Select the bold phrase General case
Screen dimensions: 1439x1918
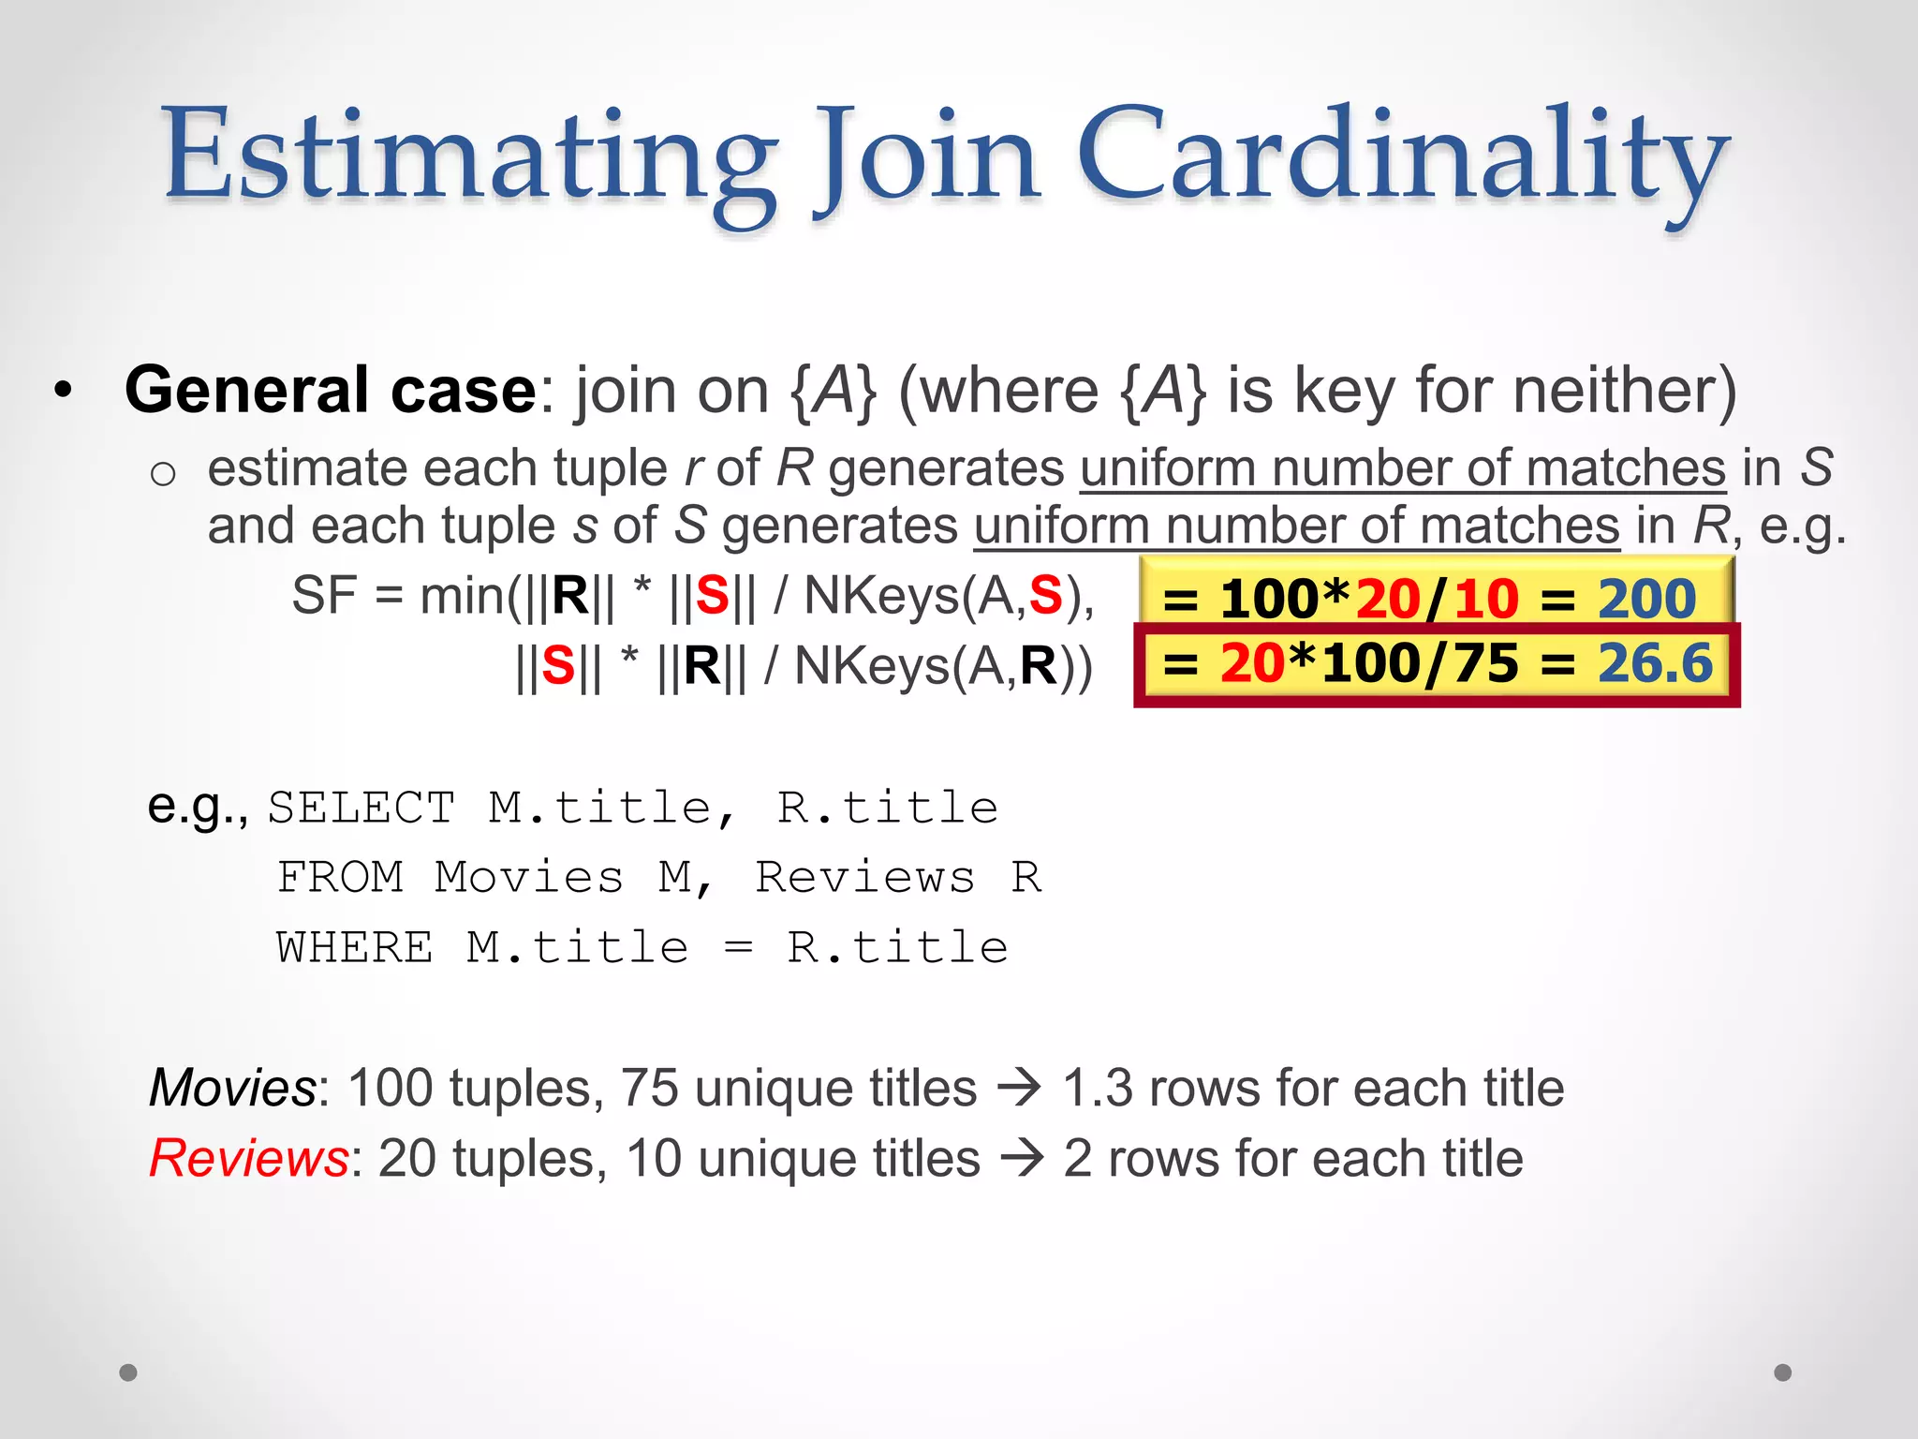pyautogui.click(x=330, y=390)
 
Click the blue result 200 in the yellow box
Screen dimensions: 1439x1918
pyautogui.click(x=1646, y=599)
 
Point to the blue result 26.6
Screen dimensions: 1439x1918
pyautogui.click(x=1655, y=663)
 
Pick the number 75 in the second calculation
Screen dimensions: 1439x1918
pyautogui.click(x=1485, y=663)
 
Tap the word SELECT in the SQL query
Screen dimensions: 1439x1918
pyautogui.click(x=361, y=808)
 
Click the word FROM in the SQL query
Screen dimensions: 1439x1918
pyautogui.click(x=341, y=878)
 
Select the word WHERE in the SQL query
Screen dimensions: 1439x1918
pyautogui.click(x=354, y=947)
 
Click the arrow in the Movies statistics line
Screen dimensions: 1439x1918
pyautogui.click(x=1019, y=1090)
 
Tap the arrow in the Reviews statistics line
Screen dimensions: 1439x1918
pyautogui.click(x=1022, y=1160)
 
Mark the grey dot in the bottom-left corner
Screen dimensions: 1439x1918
pyautogui.click(x=128, y=1372)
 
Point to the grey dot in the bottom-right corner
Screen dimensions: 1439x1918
pyautogui.click(x=1783, y=1372)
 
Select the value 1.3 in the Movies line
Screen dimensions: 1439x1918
pyautogui.click(x=1097, y=1089)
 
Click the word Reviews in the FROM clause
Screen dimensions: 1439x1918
pyautogui.click(x=864, y=878)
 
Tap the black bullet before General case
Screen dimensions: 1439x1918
pyautogui.click(x=63, y=391)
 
